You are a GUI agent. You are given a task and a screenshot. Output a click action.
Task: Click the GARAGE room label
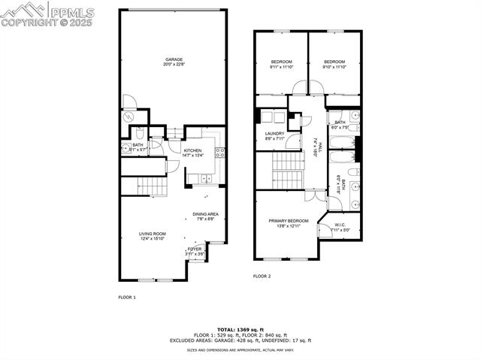[174, 59]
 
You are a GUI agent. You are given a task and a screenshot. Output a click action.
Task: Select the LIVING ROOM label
[153, 234]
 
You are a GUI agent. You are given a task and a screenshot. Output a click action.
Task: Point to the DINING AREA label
[204, 213]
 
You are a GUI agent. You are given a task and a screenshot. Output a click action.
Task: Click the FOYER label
[195, 248]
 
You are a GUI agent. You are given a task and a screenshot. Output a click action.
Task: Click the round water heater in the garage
[128, 116]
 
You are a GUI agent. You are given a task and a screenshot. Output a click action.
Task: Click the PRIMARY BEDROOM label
[289, 220]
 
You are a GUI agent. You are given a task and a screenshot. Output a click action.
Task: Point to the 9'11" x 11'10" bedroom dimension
[281, 67]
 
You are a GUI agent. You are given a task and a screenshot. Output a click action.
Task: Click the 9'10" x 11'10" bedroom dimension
[334, 67]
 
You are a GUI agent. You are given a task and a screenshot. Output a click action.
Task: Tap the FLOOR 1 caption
[127, 298]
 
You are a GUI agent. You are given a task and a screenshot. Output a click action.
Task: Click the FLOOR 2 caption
[262, 276]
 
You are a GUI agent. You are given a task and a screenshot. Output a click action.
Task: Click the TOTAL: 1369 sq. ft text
[240, 330]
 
